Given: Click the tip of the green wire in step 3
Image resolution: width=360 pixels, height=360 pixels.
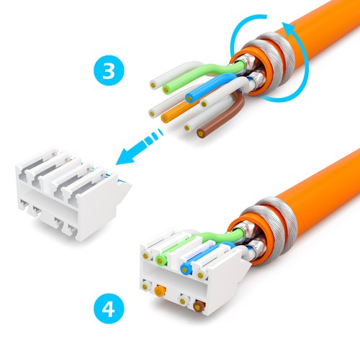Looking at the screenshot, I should pos(166,89).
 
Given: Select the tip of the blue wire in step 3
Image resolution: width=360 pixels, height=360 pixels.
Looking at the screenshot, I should pos(191,97).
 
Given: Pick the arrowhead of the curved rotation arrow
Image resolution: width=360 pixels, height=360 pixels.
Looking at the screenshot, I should pos(290,29).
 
